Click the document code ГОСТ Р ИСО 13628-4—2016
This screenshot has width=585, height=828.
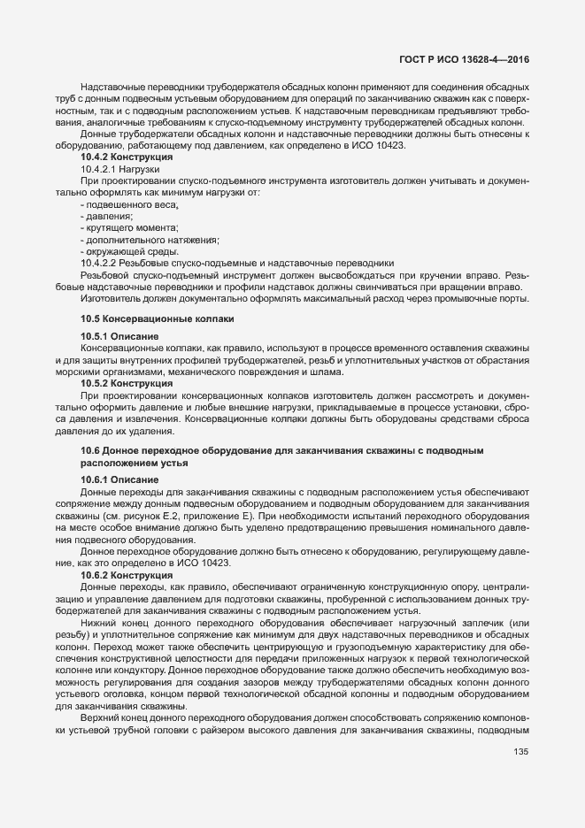point(467,60)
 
